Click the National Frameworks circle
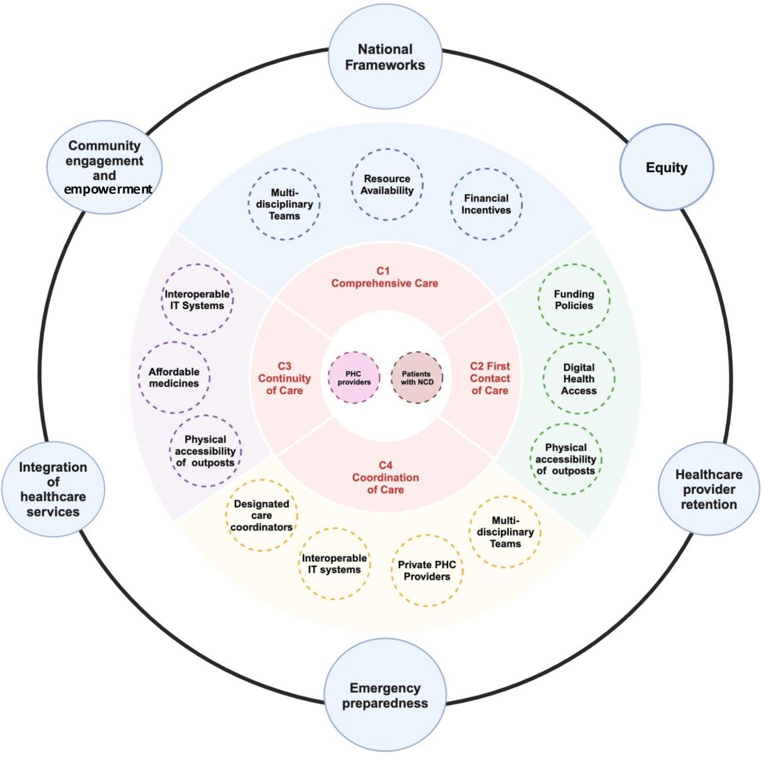click(385, 58)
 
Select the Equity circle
click(666, 167)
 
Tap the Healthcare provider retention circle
click(709, 489)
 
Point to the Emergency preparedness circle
click(385, 696)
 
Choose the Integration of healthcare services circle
click(53, 489)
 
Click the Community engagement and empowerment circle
click(104, 167)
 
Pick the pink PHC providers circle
click(354, 378)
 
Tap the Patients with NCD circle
click(417, 378)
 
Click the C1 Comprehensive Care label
click(384, 278)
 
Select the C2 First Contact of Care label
click(490, 379)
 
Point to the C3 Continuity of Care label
click(284, 379)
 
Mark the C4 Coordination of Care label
click(385, 478)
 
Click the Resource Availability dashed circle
click(387, 185)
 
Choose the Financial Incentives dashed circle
click(486, 204)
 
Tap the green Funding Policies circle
click(573, 300)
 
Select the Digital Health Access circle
click(578, 379)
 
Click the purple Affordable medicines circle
click(174, 378)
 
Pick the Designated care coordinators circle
click(261, 515)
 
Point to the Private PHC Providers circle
click(427, 571)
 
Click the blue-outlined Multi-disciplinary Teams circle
click(284, 204)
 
